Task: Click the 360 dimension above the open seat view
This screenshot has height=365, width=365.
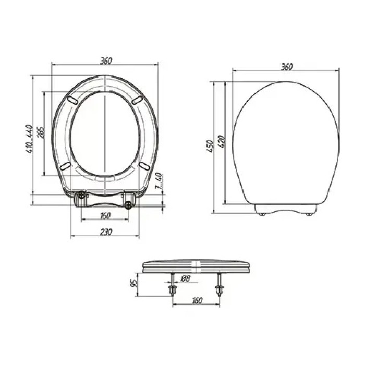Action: (106, 60)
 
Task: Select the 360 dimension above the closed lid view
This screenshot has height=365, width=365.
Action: (286, 67)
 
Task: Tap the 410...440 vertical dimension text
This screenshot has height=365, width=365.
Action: (30, 139)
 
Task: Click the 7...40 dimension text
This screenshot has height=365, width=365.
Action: (159, 180)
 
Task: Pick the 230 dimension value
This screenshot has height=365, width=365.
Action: (106, 232)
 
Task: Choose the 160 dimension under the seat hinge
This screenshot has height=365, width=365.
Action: (105, 216)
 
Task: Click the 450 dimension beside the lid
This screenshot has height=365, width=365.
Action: (210, 146)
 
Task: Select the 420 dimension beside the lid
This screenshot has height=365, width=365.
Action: (222, 141)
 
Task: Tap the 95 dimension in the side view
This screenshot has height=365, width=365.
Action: (134, 283)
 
